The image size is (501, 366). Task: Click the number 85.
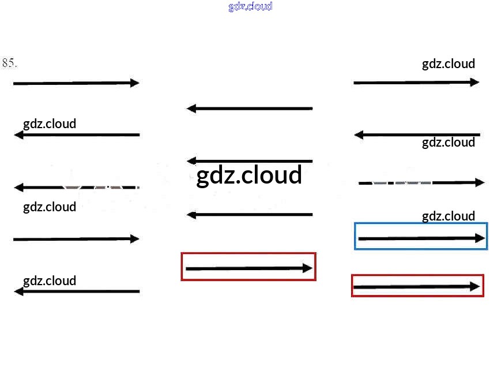[9, 63]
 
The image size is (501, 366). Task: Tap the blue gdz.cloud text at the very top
[250, 6]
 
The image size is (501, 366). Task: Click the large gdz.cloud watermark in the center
[249, 175]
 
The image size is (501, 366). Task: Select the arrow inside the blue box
[421, 238]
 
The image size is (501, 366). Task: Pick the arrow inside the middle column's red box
[248, 268]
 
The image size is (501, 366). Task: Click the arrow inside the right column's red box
[416, 286]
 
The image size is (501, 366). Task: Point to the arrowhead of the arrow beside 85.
[135, 83]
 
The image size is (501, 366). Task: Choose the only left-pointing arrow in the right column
[417, 135]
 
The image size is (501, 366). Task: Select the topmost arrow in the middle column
[250, 108]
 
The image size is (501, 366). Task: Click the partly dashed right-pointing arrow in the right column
[421, 182]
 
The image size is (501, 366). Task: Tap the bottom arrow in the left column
[76, 292]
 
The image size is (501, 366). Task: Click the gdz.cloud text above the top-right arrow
[449, 64]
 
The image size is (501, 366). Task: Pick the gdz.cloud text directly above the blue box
[449, 216]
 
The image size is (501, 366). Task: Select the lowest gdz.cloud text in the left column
[50, 281]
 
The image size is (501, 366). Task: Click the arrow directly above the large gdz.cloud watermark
[250, 160]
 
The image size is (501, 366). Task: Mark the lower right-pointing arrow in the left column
[76, 238]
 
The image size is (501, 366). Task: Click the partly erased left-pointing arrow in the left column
[76, 188]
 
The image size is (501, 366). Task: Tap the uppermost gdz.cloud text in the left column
[50, 124]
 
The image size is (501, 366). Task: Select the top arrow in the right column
[416, 83]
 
